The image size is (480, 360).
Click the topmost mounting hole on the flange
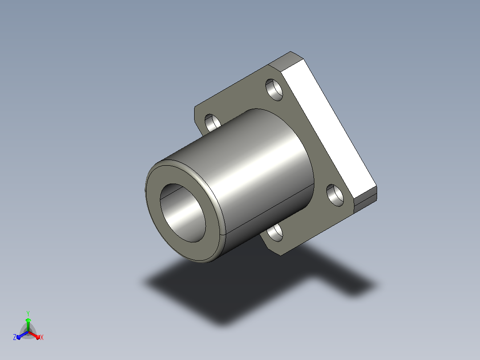tap(274, 90)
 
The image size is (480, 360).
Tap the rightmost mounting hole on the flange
tap(335, 195)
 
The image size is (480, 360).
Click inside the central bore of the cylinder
tap(183, 213)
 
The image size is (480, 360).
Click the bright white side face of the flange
tap(329, 129)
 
